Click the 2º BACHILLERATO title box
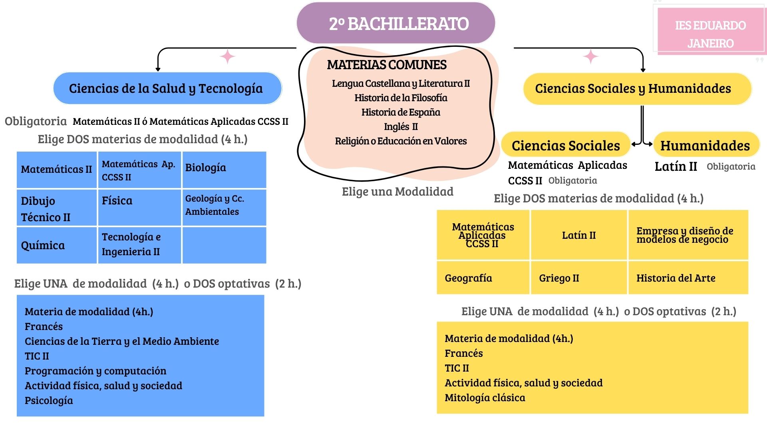click(395, 23)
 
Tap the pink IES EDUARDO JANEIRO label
click(710, 34)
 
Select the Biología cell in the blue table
click(224, 169)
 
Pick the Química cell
click(56, 245)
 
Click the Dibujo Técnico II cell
click(56, 208)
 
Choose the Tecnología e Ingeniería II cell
click(139, 244)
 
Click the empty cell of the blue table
click(224, 245)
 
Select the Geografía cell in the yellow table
click(483, 278)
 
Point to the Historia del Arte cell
click(687, 278)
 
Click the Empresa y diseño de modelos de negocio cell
click(687, 235)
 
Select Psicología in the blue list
click(49, 400)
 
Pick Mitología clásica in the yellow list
click(485, 398)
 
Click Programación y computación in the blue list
click(95, 371)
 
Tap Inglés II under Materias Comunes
click(401, 126)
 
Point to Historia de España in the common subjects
click(401, 112)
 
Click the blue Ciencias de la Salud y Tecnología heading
click(167, 88)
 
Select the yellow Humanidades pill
click(705, 145)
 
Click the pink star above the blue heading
click(228, 56)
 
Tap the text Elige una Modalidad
click(397, 192)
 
